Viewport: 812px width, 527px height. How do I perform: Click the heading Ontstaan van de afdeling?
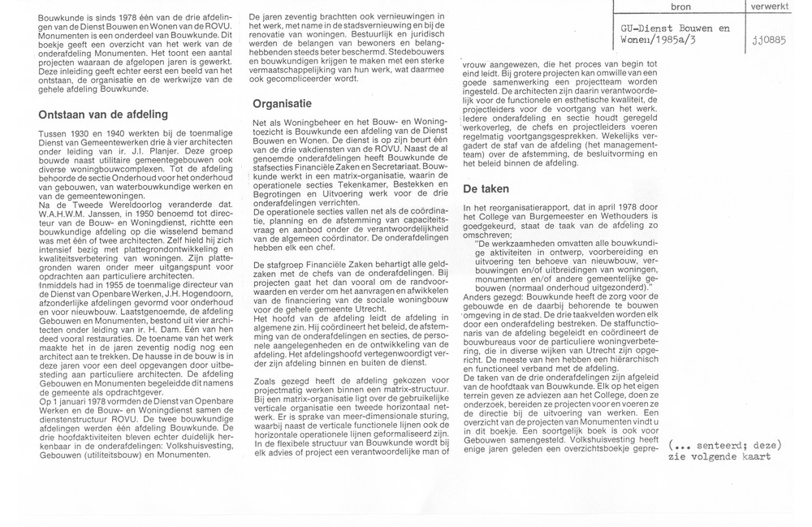tap(103, 114)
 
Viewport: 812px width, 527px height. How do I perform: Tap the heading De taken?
tap(486, 188)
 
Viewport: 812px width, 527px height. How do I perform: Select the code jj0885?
tap(780, 42)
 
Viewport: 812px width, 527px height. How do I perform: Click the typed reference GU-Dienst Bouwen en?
tap(669, 28)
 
